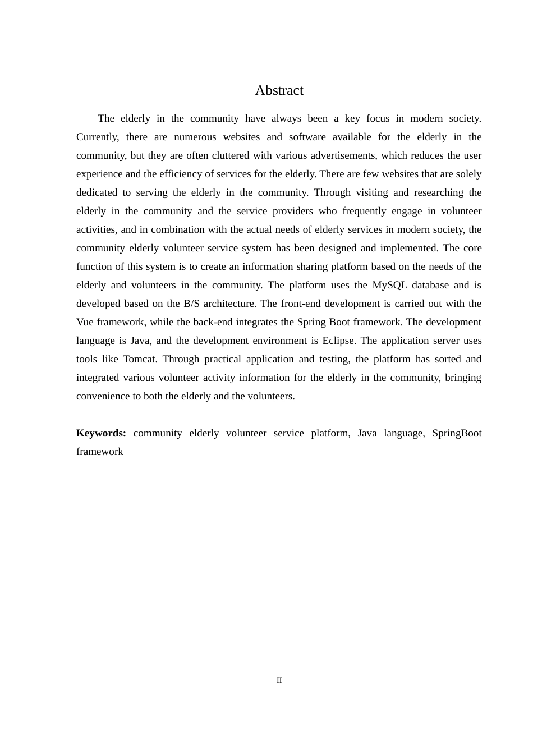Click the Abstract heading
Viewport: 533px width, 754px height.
(x=279, y=90)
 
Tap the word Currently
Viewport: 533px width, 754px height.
(x=97, y=137)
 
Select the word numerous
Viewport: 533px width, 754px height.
(x=195, y=137)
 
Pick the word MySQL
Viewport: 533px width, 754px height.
(x=389, y=285)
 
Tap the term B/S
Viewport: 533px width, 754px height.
(x=191, y=304)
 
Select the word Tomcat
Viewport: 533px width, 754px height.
(x=139, y=359)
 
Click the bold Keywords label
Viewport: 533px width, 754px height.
(x=101, y=433)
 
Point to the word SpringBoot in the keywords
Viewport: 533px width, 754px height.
(x=457, y=433)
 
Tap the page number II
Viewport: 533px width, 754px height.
(x=279, y=680)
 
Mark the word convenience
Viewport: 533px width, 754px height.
(x=102, y=396)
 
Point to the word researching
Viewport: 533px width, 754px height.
(x=439, y=192)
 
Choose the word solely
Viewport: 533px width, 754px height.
(x=468, y=174)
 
